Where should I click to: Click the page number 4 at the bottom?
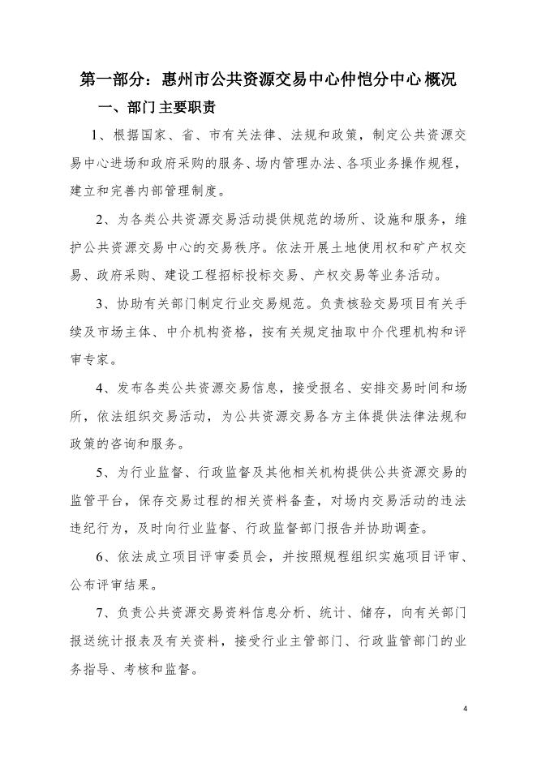[x=466, y=708]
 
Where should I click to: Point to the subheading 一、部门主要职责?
[x=156, y=108]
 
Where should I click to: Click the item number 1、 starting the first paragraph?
[x=99, y=135]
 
